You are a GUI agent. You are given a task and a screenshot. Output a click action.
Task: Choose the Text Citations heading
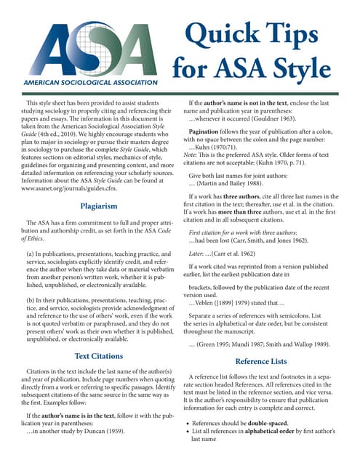click(99, 356)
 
